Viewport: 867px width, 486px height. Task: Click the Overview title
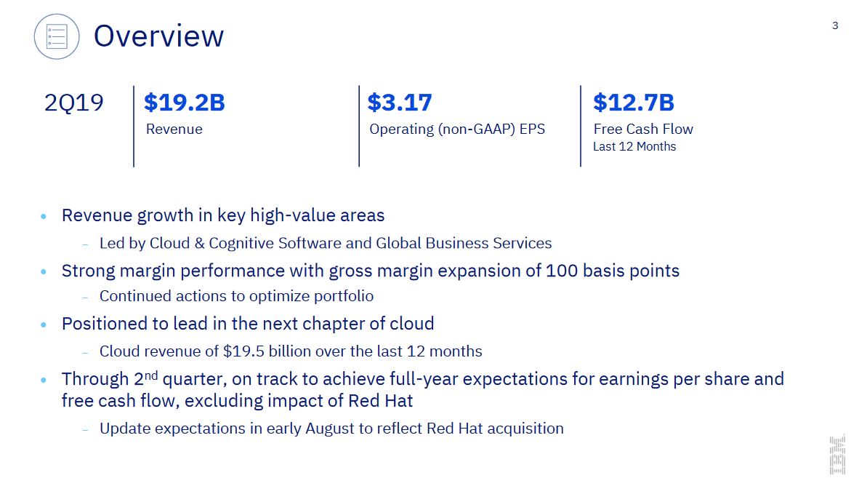[158, 36]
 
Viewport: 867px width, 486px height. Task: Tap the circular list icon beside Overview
[57, 36]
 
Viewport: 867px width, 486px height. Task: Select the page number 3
[835, 25]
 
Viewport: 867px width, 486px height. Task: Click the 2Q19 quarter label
[73, 103]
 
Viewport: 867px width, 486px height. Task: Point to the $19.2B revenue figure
[184, 103]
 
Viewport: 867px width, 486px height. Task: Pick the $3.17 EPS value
[399, 103]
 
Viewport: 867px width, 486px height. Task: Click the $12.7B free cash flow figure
[634, 103]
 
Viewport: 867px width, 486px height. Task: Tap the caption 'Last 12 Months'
[634, 147]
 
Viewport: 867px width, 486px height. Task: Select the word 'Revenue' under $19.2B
[174, 129]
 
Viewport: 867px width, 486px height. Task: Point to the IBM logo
[837, 455]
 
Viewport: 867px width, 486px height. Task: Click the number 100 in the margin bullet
[562, 271]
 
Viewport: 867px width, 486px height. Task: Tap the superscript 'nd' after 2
[151, 375]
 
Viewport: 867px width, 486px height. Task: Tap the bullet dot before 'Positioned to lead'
[44, 324]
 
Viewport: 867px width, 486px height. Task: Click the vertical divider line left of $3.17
[359, 126]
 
